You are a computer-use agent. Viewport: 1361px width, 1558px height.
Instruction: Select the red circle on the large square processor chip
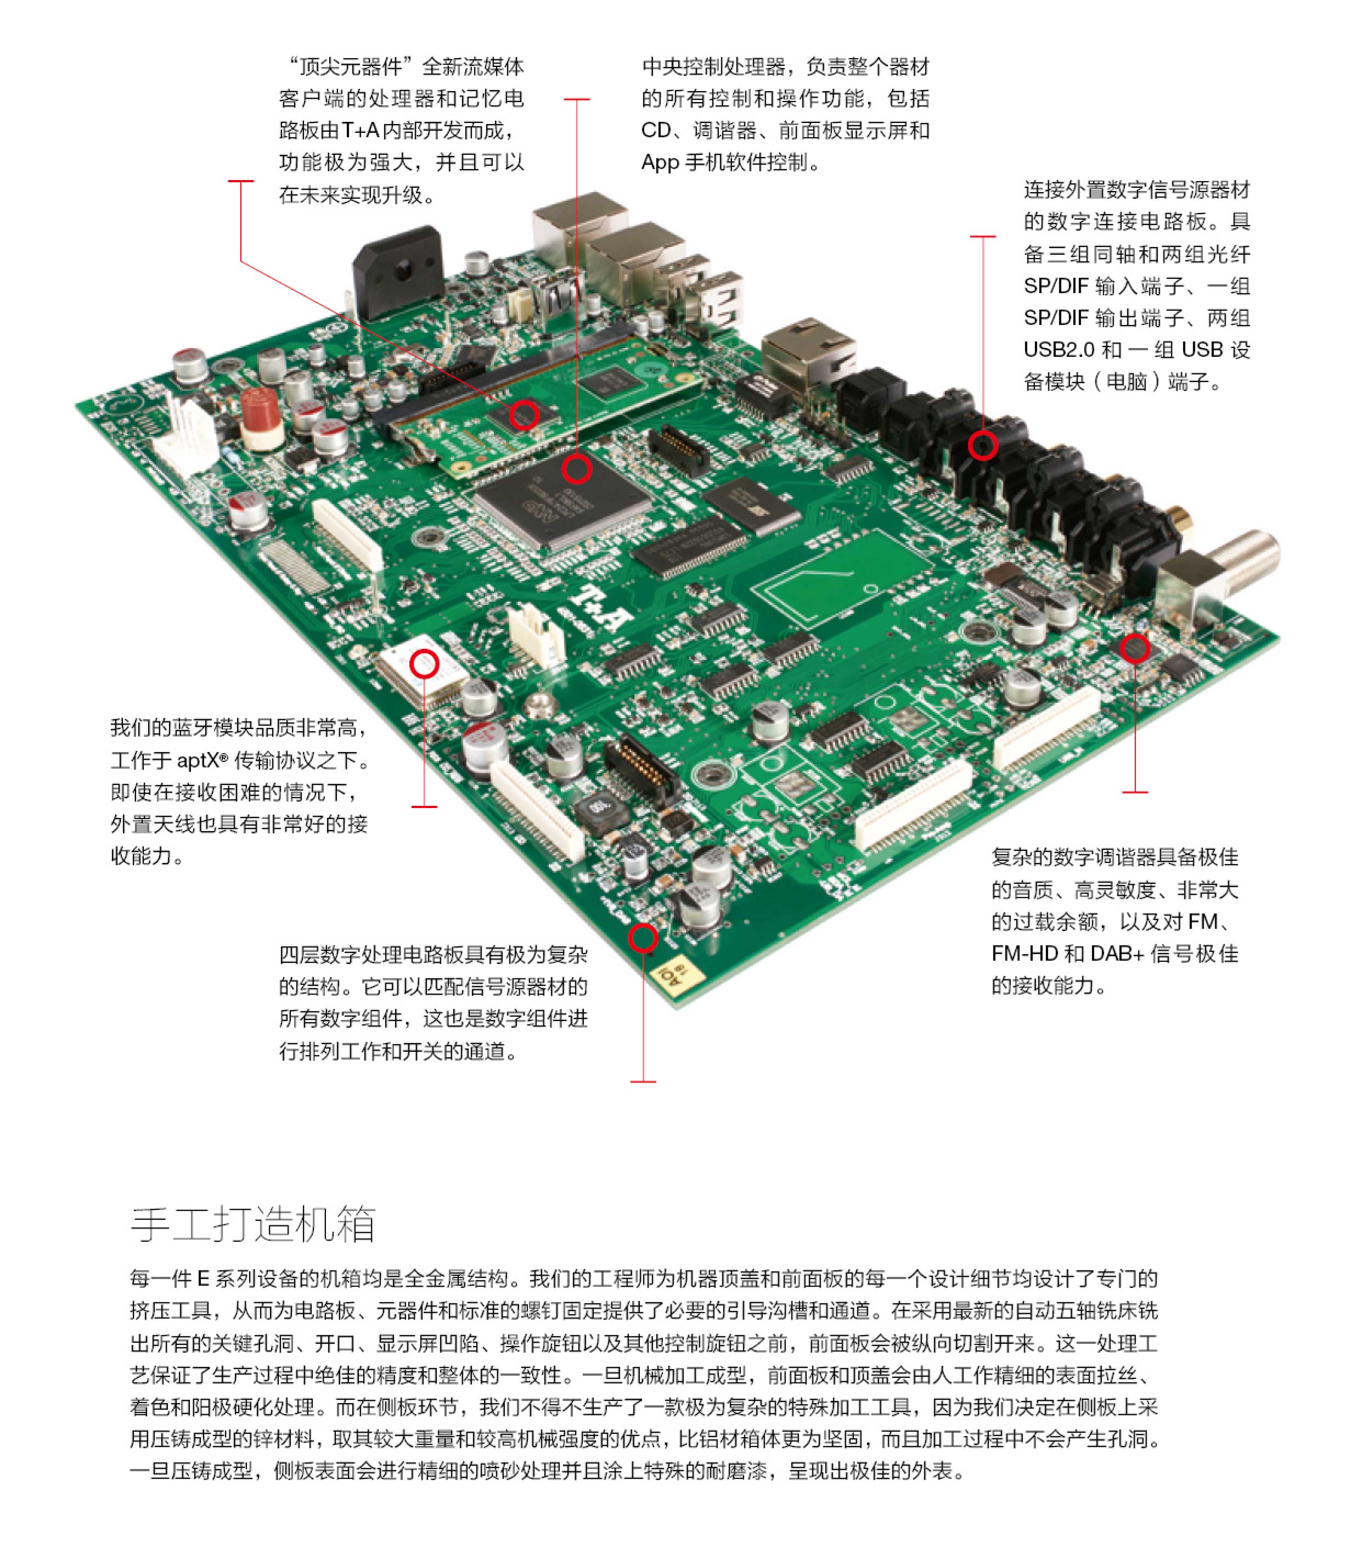(x=576, y=469)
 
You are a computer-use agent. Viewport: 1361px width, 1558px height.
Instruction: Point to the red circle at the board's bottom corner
(x=643, y=939)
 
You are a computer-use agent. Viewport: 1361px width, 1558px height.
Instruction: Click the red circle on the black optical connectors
(x=983, y=446)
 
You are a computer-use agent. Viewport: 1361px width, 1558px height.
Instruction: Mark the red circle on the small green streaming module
(x=524, y=415)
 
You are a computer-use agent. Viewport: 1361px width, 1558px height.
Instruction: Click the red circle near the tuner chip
(x=1135, y=648)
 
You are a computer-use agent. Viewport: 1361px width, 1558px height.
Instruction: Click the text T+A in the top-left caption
(x=360, y=131)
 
